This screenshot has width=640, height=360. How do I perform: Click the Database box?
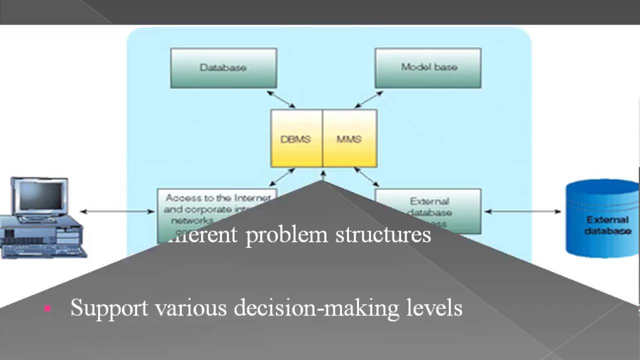click(x=223, y=68)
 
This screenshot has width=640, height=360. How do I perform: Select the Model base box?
click(x=428, y=68)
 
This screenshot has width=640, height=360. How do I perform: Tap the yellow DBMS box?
click(x=296, y=139)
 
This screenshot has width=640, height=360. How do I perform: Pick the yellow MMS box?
click(x=349, y=139)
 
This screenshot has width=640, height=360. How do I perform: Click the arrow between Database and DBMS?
click(x=281, y=99)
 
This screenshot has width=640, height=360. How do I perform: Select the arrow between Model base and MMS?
click(x=369, y=99)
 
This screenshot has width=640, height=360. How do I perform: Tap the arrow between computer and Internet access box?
click(x=118, y=211)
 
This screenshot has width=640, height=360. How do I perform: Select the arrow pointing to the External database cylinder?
click(x=523, y=211)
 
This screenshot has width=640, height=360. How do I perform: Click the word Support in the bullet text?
click(x=109, y=307)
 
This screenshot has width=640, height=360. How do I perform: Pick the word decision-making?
click(x=316, y=307)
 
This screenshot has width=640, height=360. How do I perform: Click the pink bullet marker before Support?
click(x=48, y=308)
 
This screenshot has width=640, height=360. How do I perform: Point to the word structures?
click(x=383, y=234)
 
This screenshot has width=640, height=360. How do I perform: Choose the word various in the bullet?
click(x=191, y=307)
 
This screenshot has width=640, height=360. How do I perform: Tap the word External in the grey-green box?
click(x=429, y=201)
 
